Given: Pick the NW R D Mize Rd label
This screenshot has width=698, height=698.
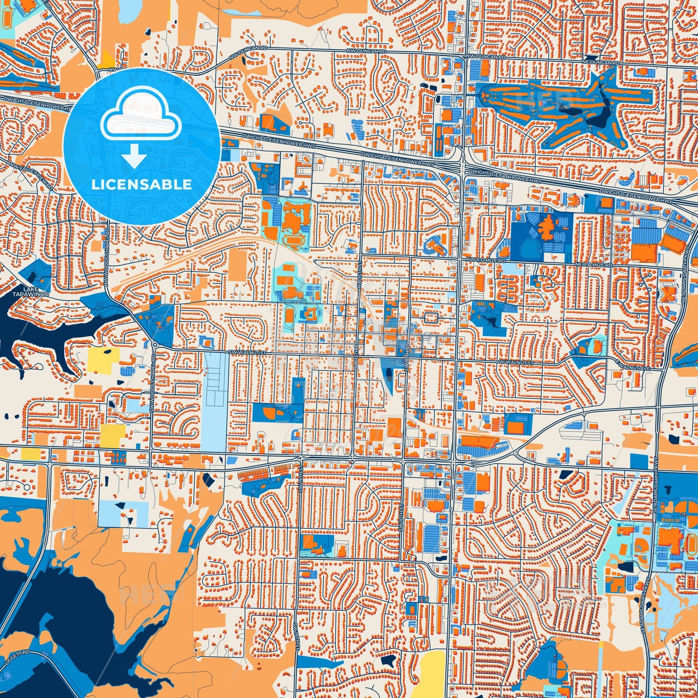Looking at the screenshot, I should [485, 260].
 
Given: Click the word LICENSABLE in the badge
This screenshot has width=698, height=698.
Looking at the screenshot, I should [142, 185].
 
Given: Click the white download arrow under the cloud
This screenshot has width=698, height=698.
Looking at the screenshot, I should [134, 157].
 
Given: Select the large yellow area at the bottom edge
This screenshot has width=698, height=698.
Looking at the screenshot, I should [431, 674].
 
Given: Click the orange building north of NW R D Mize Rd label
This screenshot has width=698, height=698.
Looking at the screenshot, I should [546, 228].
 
